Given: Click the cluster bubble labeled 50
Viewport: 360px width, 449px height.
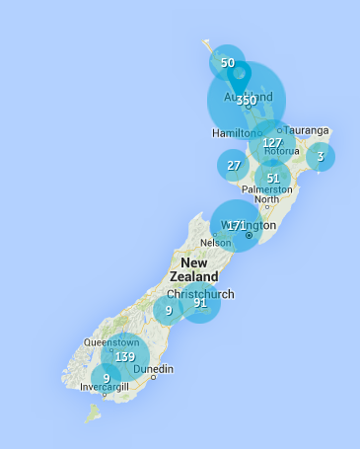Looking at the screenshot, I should [x=228, y=63].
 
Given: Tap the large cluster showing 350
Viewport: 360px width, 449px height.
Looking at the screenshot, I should [x=247, y=101].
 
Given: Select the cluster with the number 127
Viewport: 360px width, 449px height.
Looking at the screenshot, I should [x=272, y=143].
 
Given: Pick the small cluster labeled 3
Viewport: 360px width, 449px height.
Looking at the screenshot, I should [x=320, y=156].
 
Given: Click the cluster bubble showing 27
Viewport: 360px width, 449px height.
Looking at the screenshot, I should [x=234, y=166].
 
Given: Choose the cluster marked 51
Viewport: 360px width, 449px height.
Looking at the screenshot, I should [x=273, y=179].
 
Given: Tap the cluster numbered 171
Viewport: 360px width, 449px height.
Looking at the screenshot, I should [x=236, y=226].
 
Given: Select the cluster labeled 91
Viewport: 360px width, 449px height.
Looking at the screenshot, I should [x=200, y=303].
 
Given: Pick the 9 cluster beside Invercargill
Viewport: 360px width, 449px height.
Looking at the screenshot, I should [x=106, y=378].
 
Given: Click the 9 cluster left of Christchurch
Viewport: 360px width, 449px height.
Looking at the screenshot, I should [x=169, y=311].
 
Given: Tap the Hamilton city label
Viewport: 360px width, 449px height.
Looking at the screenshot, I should [x=234, y=133].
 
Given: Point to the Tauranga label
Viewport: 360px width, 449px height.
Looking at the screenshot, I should [x=308, y=129].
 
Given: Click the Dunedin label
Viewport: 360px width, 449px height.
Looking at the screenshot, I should [x=154, y=369].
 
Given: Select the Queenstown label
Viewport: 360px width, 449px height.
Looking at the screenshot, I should [x=111, y=342].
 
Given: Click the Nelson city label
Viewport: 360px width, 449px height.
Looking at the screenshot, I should [x=215, y=243].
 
